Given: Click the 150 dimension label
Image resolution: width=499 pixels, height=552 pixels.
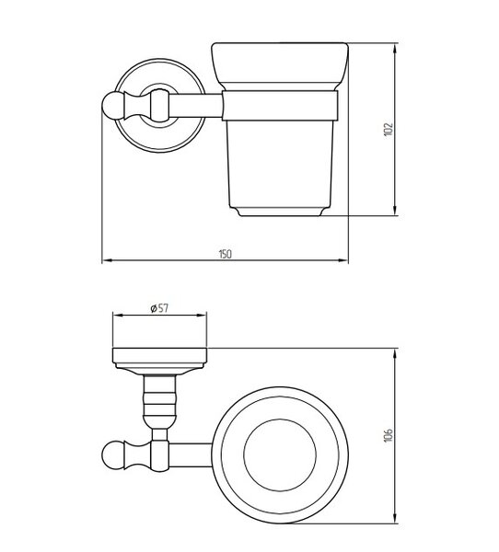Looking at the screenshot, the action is pos(226,254).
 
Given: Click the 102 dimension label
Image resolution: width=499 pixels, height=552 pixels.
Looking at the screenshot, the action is pos(388,130).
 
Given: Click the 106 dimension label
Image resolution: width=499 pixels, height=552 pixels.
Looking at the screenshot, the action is pos(388,435).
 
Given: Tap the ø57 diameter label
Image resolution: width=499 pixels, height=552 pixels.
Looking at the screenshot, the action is pos(159,308).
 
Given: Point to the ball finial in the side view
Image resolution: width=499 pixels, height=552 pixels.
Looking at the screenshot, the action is pos(112,105).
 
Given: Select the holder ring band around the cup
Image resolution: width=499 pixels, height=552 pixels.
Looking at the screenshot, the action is pos(280,106).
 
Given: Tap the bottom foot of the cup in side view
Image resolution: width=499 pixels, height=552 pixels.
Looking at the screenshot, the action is pos(280,212).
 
